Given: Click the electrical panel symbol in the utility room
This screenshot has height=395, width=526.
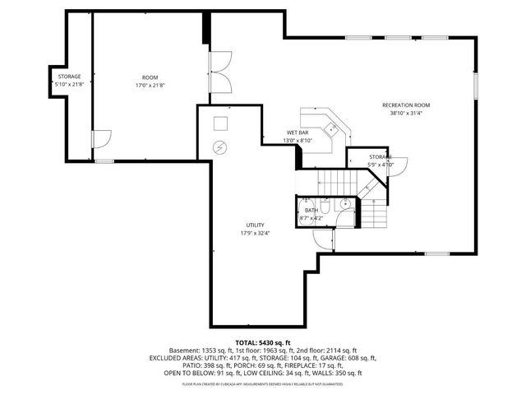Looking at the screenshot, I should [x=219, y=148].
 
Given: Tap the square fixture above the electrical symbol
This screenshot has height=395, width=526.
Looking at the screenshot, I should [x=219, y=123].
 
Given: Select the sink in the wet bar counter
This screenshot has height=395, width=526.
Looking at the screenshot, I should [x=331, y=128].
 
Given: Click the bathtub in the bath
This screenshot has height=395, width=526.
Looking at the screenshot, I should [x=306, y=211].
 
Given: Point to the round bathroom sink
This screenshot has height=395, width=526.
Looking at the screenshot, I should [x=346, y=203].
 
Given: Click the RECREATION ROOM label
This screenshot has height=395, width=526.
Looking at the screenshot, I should [x=406, y=105].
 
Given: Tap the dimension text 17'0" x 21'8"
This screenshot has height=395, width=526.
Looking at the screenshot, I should [x=150, y=86].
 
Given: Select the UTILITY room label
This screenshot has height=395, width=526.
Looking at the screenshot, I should [x=255, y=225].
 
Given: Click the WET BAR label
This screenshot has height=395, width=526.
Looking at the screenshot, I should [x=298, y=132].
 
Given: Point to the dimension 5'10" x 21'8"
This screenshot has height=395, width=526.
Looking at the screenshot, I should [x=69, y=86].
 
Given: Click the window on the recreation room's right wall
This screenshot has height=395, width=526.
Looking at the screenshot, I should [x=475, y=86].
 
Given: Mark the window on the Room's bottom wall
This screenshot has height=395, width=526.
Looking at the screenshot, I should [x=104, y=161].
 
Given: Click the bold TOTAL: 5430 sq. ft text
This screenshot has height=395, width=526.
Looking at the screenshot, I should [x=263, y=342].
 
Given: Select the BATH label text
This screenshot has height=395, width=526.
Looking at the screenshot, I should [x=311, y=211].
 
